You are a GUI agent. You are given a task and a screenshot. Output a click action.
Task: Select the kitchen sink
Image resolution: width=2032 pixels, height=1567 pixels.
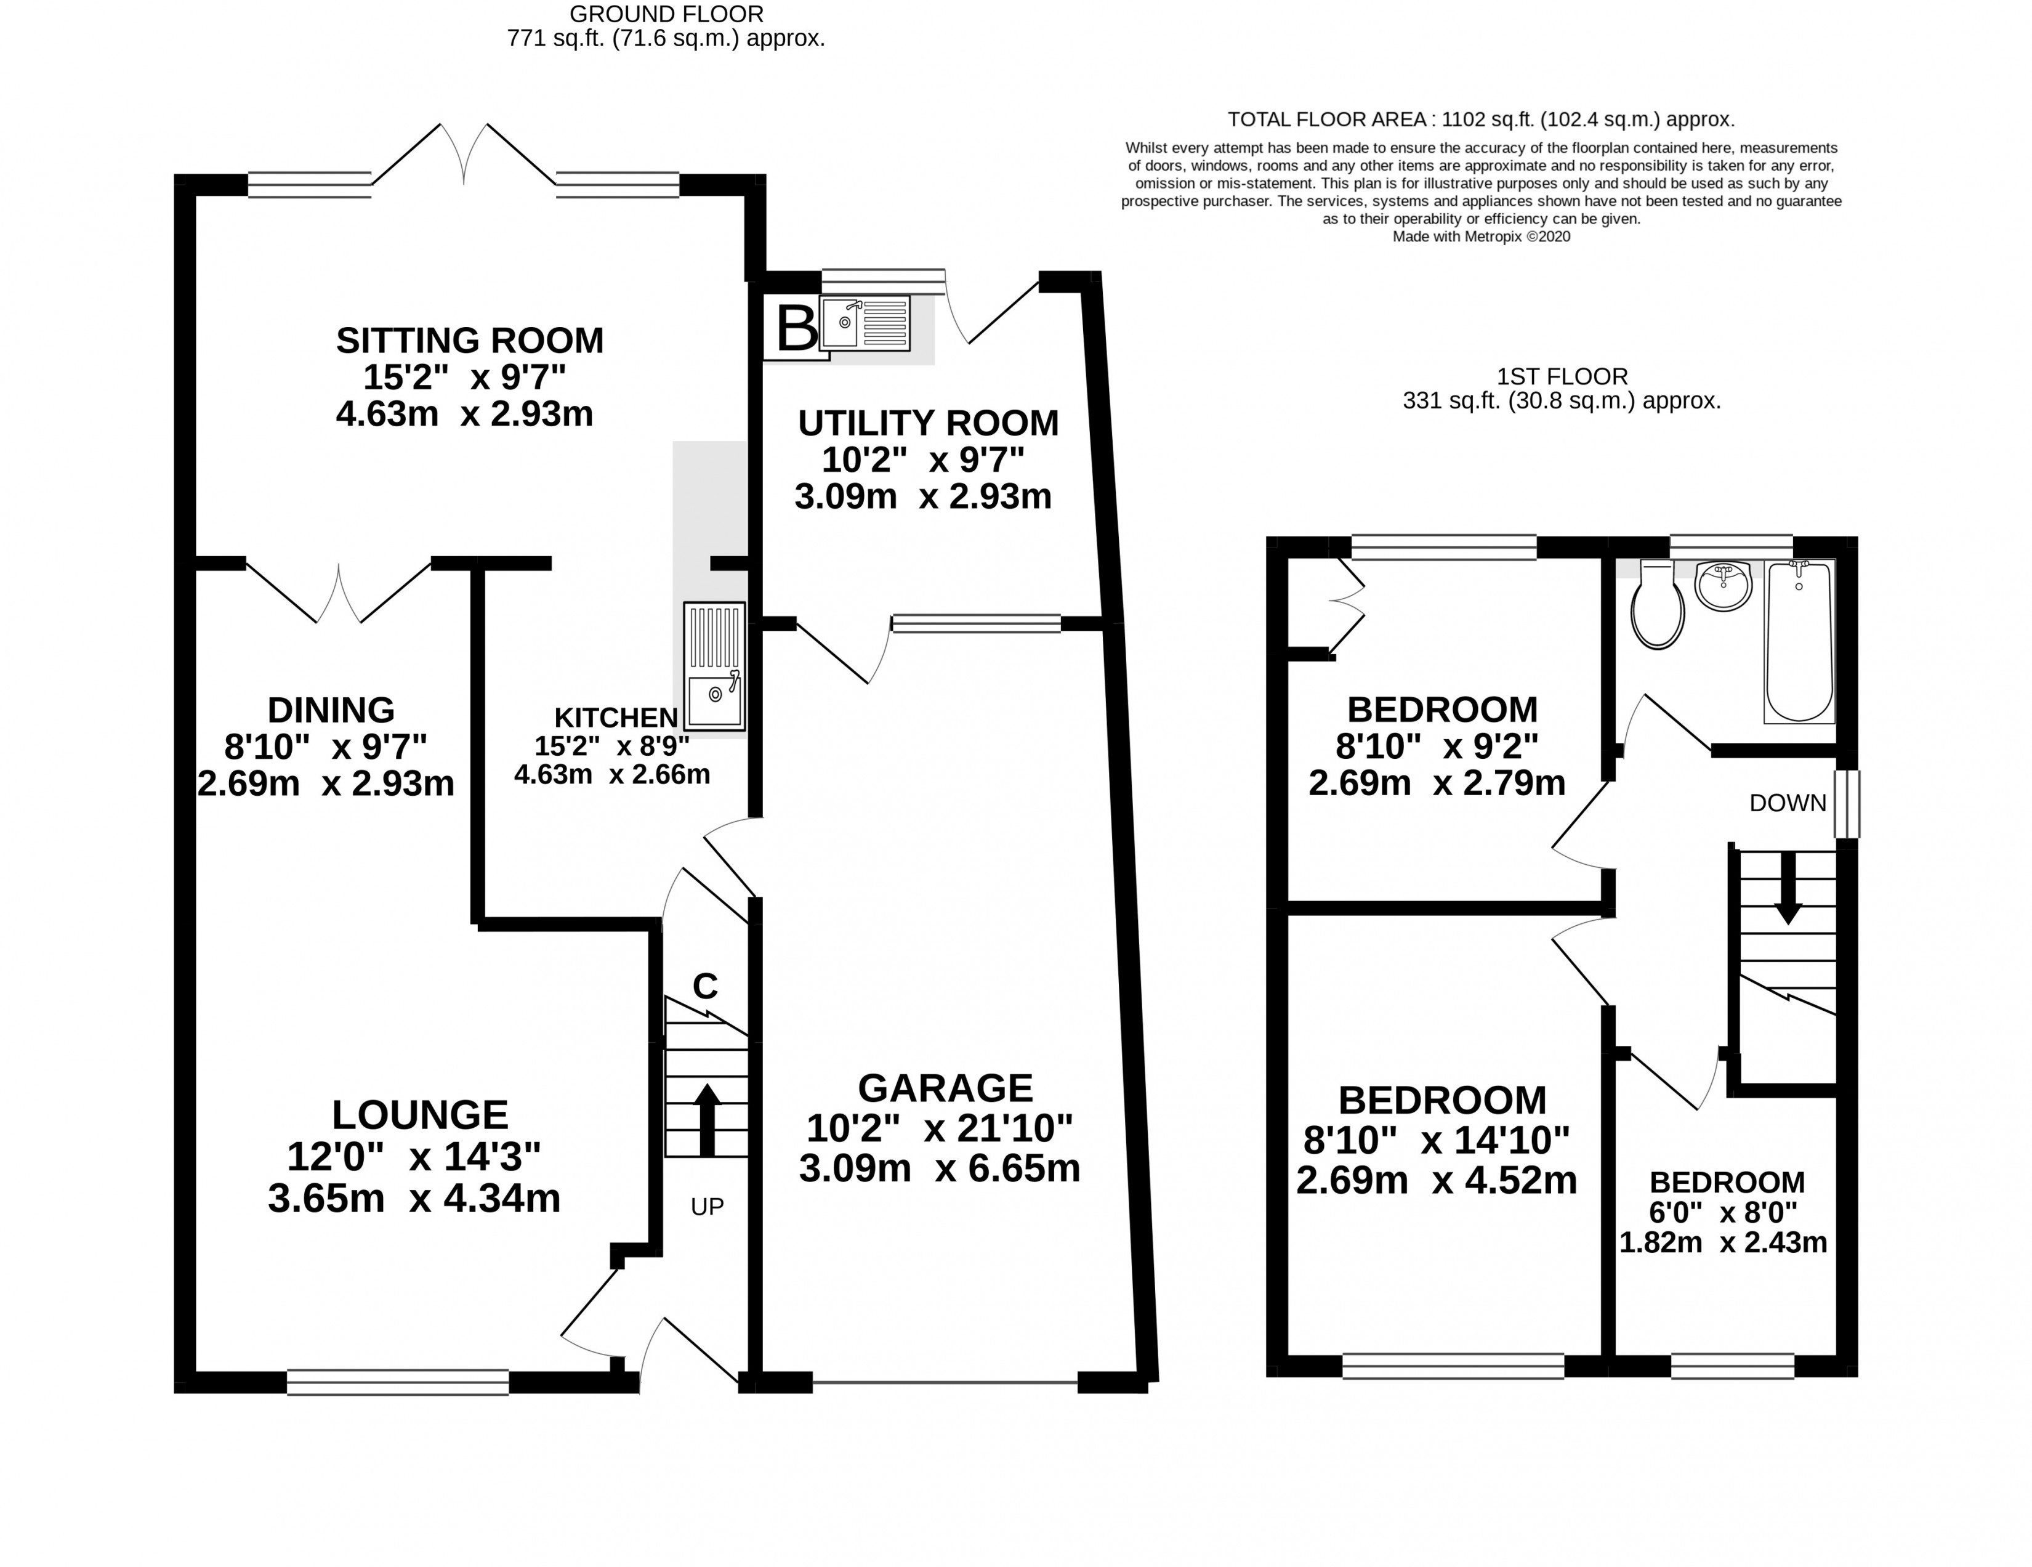[x=714, y=666]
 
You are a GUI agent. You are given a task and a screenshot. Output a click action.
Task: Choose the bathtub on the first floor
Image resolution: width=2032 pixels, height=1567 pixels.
[x=1799, y=641]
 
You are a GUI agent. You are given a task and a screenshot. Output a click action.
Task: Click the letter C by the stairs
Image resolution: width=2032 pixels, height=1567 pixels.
[x=705, y=986]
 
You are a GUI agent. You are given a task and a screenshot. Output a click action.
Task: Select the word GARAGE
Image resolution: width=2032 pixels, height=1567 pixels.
[x=945, y=1088]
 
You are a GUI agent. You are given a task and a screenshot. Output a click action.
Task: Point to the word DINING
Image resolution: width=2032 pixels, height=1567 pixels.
[x=331, y=710]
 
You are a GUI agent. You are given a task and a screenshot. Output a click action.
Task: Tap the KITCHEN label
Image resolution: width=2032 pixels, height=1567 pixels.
[x=616, y=718]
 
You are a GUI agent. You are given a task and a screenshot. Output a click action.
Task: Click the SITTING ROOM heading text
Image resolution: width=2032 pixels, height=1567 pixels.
[x=470, y=341]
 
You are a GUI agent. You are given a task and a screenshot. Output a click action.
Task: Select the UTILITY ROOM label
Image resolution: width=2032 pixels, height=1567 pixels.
[x=929, y=423]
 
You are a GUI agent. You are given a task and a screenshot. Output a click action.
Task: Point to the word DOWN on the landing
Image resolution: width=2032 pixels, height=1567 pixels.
[x=1788, y=803]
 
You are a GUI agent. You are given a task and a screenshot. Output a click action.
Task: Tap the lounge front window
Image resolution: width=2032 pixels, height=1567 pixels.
[x=398, y=1382]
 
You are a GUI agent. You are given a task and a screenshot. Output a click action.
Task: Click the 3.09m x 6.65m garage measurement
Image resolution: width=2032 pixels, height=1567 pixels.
[x=940, y=1168]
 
